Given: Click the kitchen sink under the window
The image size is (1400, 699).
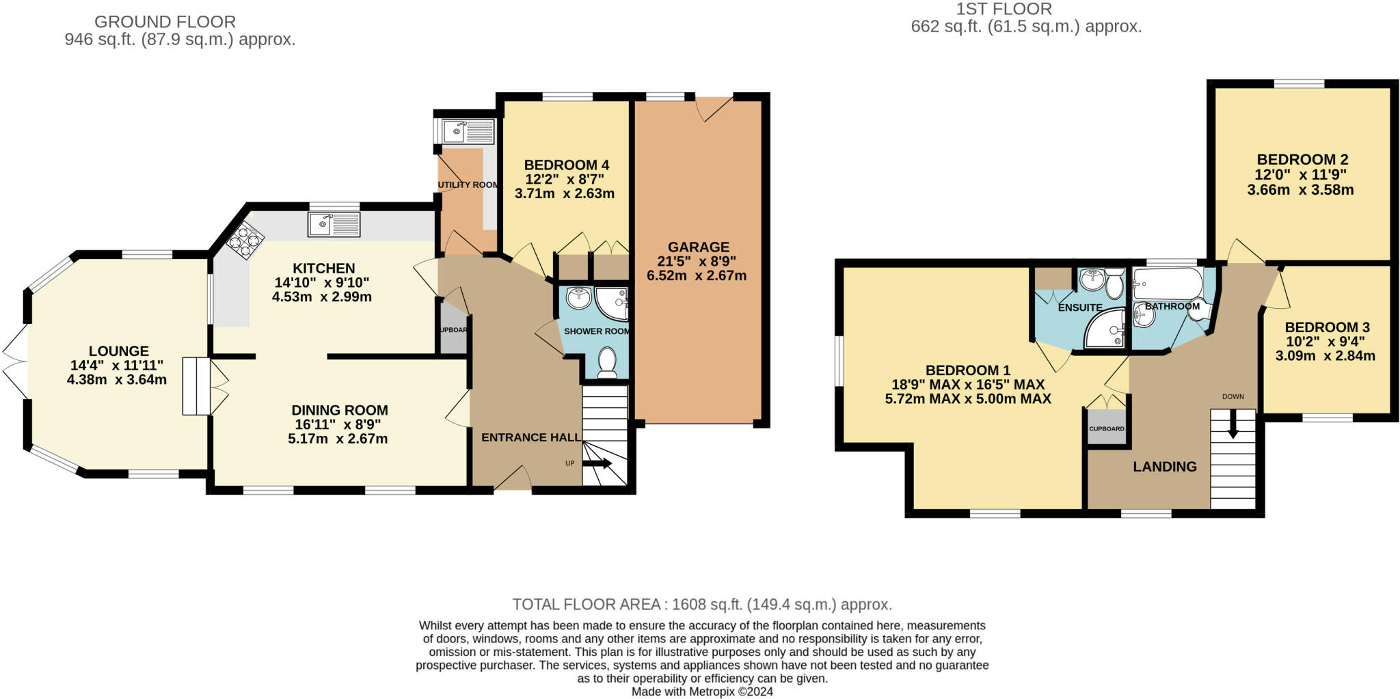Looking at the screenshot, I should coord(334,224).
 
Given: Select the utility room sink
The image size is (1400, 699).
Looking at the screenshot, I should coord(468,131).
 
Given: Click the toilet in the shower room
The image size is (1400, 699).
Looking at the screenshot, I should coord(606,362).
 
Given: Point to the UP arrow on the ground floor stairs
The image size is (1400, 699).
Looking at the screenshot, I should coord(597,463).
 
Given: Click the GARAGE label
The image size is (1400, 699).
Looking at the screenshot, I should coord(699,247).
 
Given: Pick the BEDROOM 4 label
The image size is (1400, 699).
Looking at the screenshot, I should coord(566,165).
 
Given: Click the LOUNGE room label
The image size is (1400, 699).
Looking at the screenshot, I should coord(118,351).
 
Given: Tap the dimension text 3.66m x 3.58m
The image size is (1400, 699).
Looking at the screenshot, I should coord(1300,190).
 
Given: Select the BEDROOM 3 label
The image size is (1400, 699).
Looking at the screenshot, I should coord(1327,327).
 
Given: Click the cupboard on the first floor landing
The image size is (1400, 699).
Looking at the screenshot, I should coord(1106,428).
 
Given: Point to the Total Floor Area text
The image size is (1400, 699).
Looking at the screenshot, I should coord(702,605).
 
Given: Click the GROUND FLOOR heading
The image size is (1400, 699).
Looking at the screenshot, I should coord(165,22).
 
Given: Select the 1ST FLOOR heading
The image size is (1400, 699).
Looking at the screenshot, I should coord(1004,9).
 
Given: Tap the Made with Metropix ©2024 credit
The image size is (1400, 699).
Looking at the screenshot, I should coord(702,691).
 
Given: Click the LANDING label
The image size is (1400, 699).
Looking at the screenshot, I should coord(1165,467).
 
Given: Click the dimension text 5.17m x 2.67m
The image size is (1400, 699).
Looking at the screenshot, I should coord(338,439).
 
